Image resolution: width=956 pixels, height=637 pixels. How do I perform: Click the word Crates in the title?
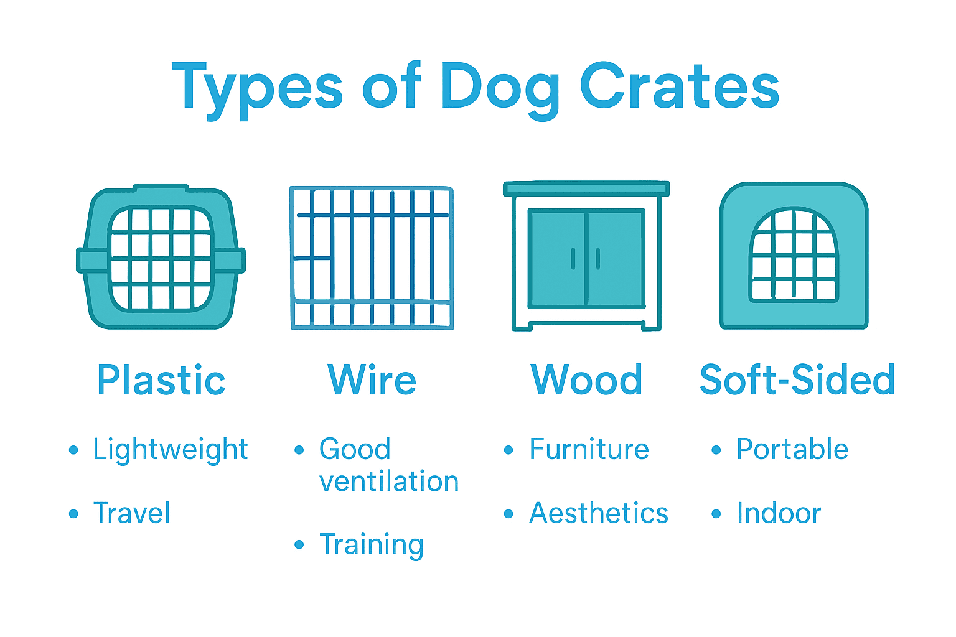pos(679,87)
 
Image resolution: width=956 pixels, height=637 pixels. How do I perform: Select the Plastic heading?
pos(161,380)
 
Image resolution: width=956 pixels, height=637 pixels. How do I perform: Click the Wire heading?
pos(372,380)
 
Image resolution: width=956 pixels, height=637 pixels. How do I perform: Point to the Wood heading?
pos(586,380)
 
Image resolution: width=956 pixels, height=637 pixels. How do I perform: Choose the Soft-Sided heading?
pos(797,380)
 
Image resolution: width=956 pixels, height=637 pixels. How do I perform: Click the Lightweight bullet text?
pos(170,450)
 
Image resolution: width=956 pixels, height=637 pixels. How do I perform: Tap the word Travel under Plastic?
pos(132,513)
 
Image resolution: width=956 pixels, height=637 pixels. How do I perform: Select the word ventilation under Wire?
pos(389,481)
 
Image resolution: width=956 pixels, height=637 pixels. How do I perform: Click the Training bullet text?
pos(372,545)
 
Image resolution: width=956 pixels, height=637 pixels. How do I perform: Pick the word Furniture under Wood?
pos(589,449)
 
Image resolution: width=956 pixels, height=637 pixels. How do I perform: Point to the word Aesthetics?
pos(599,513)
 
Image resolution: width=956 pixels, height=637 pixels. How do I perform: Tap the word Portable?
pos(792,449)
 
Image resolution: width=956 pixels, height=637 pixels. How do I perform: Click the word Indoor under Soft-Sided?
pos(779,513)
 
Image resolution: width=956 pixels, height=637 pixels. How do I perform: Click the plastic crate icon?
pos(161,257)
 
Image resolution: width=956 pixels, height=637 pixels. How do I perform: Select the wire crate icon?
pos(372,257)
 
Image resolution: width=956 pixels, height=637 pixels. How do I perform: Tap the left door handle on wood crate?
pos(573,258)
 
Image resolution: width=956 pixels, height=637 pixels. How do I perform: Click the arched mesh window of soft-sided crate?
pos(794,255)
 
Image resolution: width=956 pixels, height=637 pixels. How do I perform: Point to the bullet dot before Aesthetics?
pos(508,514)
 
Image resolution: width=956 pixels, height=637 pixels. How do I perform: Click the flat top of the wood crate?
pos(586,188)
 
